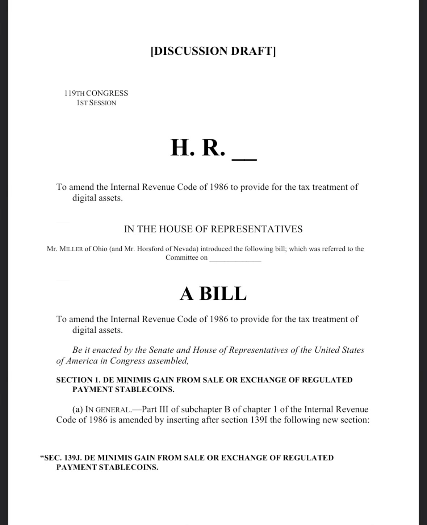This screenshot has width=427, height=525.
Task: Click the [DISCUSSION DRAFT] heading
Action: [213, 51]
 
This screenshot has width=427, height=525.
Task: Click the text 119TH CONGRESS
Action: [96, 93]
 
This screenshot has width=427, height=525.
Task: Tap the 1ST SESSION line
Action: [96, 103]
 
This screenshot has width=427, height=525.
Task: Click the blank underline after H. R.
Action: [244, 159]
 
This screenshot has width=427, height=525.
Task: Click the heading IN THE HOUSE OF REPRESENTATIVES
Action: [213, 229]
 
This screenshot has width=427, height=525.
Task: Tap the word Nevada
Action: [185, 249]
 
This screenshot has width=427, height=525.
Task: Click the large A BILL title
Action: [213, 294]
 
